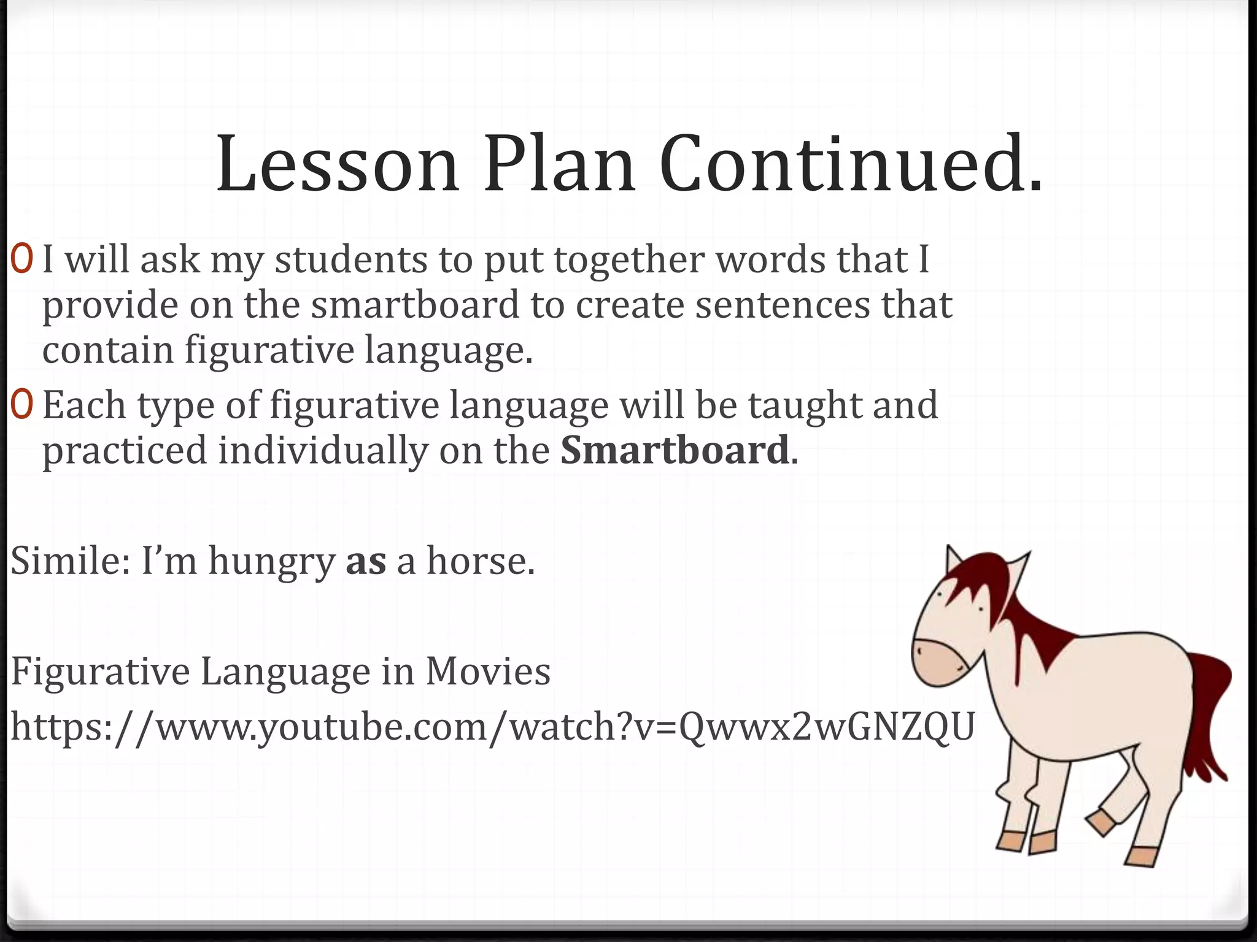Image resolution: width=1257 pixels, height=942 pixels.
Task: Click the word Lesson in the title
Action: point(337,164)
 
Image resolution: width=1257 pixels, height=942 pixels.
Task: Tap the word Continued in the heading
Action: point(850,164)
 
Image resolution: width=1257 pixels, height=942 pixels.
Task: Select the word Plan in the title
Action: point(559,164)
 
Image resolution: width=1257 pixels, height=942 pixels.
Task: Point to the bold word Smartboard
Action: point(674,450)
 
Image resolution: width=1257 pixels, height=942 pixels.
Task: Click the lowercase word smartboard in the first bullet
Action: point(415,305)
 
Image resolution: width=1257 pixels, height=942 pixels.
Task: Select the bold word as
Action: point(366,562)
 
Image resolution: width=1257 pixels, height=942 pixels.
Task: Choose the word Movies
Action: point(488,671)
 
